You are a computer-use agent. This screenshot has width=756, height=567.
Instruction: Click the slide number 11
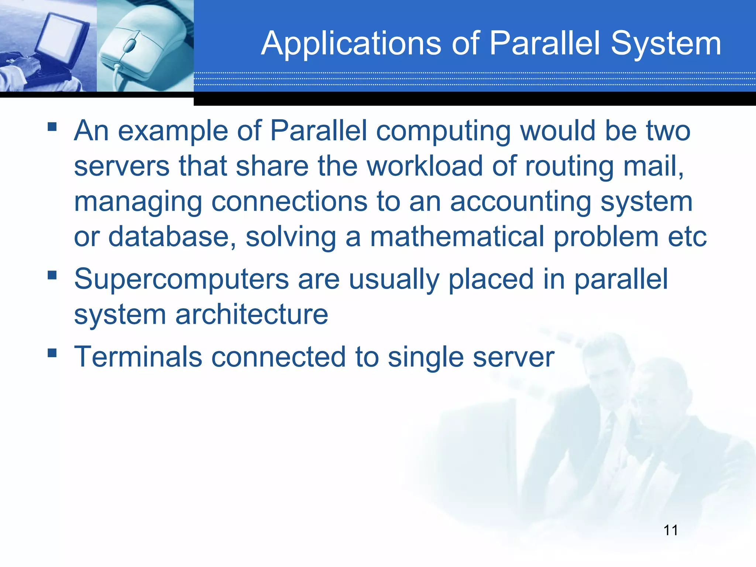[x=670, y=530]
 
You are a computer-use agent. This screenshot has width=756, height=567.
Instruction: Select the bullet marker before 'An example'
[x=52, y=127]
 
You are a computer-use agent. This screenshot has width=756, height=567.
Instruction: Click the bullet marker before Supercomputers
[x=52, y=275]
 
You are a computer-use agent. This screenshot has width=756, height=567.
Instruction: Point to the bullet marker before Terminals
[x=52, y=353]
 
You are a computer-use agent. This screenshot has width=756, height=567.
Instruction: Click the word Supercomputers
[x=181, y=280]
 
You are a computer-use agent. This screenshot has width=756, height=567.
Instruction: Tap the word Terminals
[x=138, y=357]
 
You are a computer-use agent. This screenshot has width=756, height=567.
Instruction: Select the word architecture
[x=251, y=315]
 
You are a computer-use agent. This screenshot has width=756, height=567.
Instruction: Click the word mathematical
[x=457, y=237]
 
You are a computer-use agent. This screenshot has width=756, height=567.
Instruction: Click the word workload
[x=425, y=166]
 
